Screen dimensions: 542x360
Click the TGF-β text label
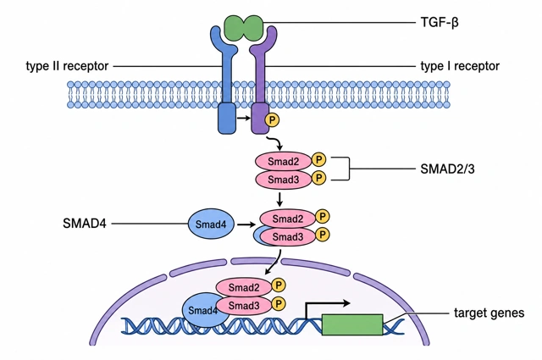pos(440,23)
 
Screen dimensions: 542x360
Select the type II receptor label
pos(67,66)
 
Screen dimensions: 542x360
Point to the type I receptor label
pos(460,66)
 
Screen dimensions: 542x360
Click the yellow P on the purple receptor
pos(272,120)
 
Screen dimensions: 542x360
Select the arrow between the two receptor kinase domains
pos(243,119)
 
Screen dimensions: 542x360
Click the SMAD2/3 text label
pos(447,169)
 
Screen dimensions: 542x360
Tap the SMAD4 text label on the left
pos(85,224)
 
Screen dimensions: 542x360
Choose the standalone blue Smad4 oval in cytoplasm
pos(211,224)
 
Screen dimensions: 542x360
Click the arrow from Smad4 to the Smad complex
pos(246,224)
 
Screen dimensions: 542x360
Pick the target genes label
pos(489,313)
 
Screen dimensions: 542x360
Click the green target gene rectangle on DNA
pos(352,324)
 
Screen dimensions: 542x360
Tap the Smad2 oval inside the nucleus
pos(244,287)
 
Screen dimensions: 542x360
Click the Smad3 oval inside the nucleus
pos(244,306)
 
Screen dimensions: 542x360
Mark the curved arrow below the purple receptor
pos(277,141)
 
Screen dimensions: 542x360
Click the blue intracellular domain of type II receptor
pos(227,119)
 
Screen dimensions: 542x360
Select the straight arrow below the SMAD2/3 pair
pos(279,199)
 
